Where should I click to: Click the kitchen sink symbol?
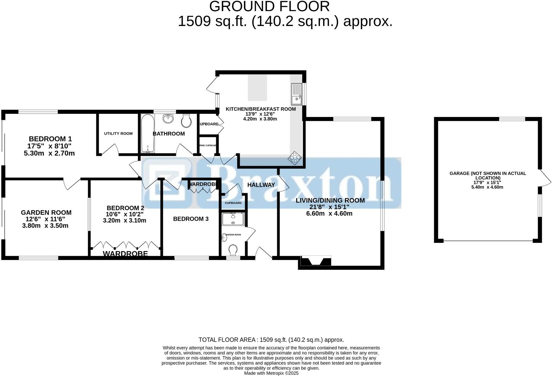point(296,94)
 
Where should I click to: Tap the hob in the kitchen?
point(295,158)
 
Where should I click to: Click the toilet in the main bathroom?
point(186,120)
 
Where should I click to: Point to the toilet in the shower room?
point(233,250)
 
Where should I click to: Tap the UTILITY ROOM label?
point(118,133)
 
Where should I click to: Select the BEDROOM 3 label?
point(191,219)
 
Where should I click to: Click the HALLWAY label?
point(261,185)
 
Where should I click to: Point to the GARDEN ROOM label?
point(46,212)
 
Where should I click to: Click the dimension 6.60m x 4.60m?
point(329,213)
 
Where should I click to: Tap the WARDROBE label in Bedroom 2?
point(125,254)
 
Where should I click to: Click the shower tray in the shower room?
point(233,219)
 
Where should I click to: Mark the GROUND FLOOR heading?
point(269,6)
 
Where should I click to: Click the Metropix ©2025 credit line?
point(271,373)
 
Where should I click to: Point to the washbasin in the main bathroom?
point(168,119)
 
